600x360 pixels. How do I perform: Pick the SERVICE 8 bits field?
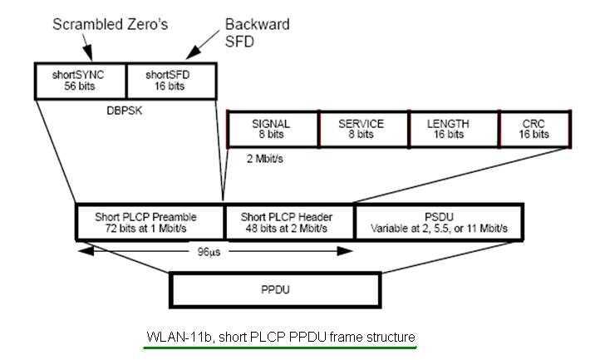[x=361, y=129]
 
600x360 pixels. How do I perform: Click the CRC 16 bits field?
[x=534, y=129]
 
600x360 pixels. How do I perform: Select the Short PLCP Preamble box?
[x=150, y=222]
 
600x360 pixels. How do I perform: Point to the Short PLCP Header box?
[x=289, y=222]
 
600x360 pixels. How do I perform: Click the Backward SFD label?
[x=258, y=32]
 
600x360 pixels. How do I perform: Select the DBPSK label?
[x=126, y=107]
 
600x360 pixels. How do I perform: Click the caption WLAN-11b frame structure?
[x=280, y=337]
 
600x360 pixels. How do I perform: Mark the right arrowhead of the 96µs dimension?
[x=351, y=249]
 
